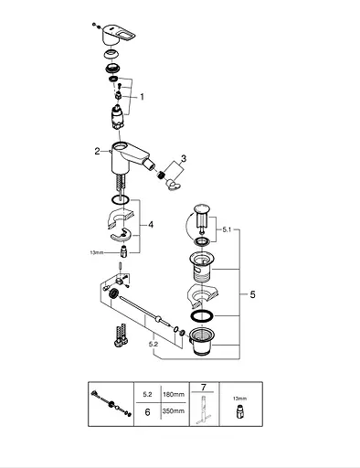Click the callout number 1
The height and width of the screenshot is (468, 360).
click(142, 97)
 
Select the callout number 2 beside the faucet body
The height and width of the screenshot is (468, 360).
click(97, 151)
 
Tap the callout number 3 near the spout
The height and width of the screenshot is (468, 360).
click(184, 158)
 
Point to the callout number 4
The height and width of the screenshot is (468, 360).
click(151, 225)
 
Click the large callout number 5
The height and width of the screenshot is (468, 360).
click(252, 294)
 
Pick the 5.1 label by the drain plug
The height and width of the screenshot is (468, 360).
click(227, 229)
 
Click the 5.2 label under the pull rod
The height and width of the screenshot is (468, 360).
click(154, 344)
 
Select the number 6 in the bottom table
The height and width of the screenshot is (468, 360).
click(147, 412)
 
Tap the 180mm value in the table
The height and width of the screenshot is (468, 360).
click(174, 395)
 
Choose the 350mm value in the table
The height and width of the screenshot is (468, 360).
click(174, 411)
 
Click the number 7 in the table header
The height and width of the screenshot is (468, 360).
click(204, 388)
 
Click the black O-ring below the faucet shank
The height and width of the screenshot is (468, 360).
click(120, 200)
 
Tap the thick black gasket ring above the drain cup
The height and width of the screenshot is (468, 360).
click(202, 316)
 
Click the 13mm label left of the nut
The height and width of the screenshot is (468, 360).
click(97, 252)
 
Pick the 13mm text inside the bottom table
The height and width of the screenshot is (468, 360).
click(239, 399)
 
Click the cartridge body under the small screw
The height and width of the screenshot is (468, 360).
click(118, 117)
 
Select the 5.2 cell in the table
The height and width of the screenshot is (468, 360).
click(147, 395)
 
